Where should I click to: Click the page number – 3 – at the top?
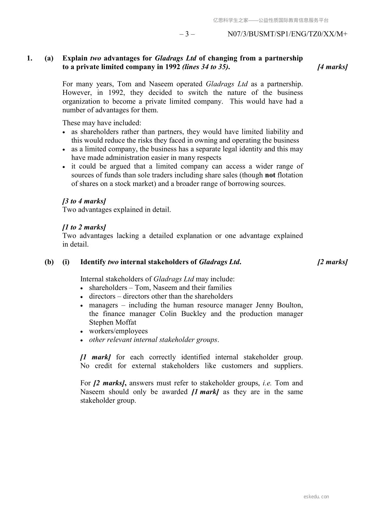click(x=187, y=34)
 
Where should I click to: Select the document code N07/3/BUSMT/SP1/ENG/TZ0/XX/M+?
click(x=287, y=34)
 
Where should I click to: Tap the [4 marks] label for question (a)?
click(x=333, y=67)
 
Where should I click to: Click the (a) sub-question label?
click(x=49, y=58)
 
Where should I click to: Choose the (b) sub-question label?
click(x=49, y=262)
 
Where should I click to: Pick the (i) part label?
click(x=66, y=262)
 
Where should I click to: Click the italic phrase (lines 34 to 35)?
click(x=206, y=67)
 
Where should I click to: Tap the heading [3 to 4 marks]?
click(x=84, y=201)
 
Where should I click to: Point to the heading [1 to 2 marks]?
click(x=84, y=227)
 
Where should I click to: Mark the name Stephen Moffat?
click(x=113, y=322)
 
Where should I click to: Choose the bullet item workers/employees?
click(x=118, y=331)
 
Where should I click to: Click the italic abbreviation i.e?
click(x=267, y=383)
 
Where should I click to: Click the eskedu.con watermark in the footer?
click(x=316, y=497)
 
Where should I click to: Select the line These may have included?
click(x=102, y=123)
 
